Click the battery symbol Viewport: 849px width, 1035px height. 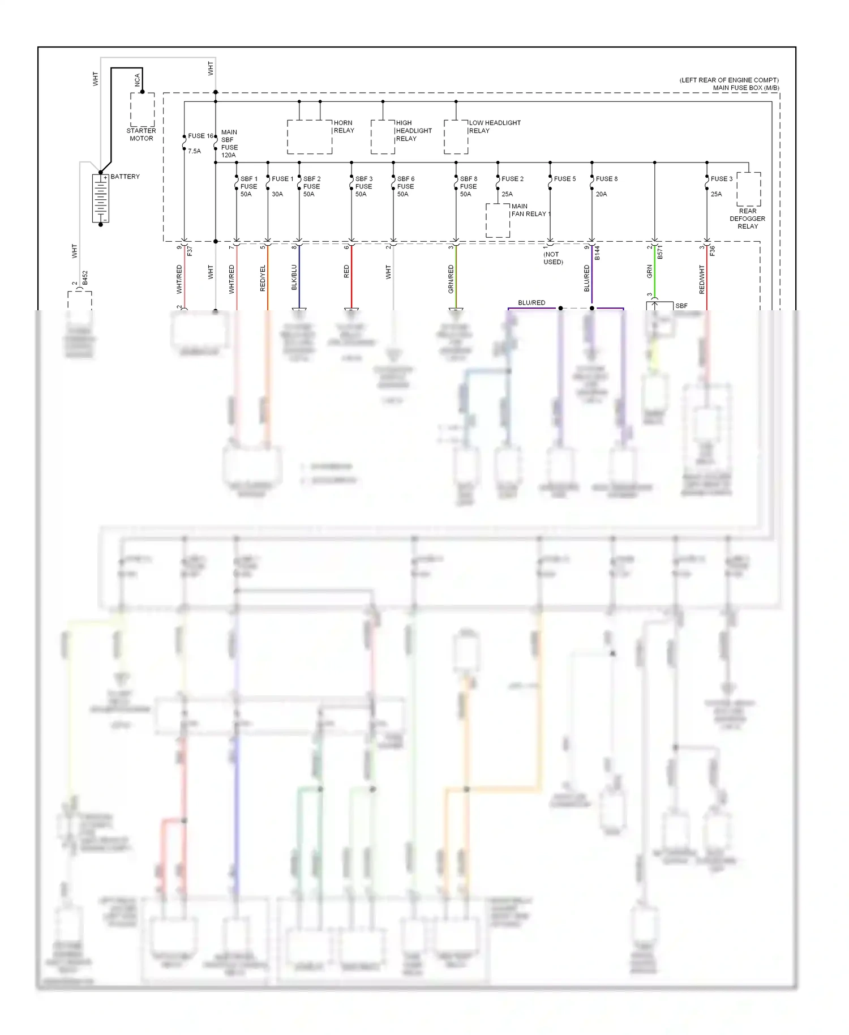pyautogui.click(x=100, y=198)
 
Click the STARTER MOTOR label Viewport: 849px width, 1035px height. pyautogui.click(x=141, y=134)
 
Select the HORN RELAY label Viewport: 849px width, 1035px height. pyautogui.click(x=343, y=126)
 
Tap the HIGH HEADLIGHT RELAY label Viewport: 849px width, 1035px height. pyautogui.click(x=413, y=130)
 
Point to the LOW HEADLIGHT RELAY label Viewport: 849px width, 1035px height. pyautogui.click(x=494, y=126)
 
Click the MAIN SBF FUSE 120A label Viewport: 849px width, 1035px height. pyautogui.click(x=229, y=143)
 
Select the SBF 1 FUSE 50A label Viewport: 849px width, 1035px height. pyautogui.click(x=248, y=186)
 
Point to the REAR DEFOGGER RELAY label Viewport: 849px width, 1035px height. pyautogui.click(x=747, y=219)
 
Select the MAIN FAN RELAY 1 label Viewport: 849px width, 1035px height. pyautogui.click(x=530, y=210)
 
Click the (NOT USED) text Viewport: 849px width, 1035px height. pyautogui.click(x=552, y=258)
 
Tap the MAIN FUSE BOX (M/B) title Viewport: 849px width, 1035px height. pyautogui.click(x=745, y=88)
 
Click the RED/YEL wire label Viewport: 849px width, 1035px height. pyautogui.click(x=263, y=278)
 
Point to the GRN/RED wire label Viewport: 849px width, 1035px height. pyautogui.click(x=451, y=279)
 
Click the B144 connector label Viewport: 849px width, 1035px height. pyautogui.click(x=597, y=253)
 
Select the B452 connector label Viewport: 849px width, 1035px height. pyautogui.click(x=85, y=278)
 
